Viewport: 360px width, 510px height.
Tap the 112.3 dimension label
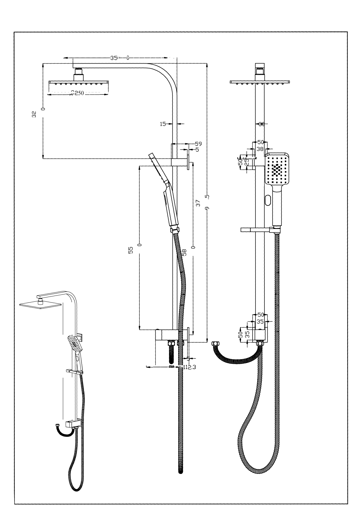tap(190, 367)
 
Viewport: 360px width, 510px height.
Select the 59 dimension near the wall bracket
tap(198, 144)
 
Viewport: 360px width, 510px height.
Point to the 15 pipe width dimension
tap(163, 124)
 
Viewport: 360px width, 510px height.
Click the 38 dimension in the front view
tap(260, 149)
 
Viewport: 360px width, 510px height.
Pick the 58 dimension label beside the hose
tap(184, 252)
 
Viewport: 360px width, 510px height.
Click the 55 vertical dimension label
tap(131, 250)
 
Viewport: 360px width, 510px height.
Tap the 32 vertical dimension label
tap(34, 114)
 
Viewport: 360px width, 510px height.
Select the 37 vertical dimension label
tap(198, 203)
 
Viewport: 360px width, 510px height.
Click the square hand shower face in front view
tap(277, 169)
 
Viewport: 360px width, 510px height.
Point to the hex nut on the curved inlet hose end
tap(215, 344)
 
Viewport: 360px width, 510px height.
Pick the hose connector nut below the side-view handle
tap(174, 230)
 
